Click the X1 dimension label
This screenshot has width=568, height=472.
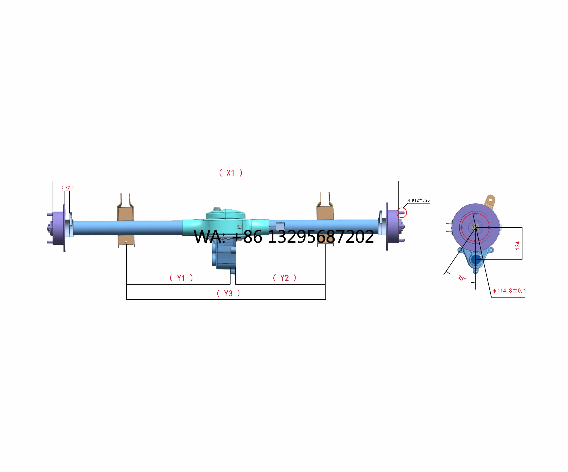pos(231,173)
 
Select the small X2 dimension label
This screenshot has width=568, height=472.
pos(67,187)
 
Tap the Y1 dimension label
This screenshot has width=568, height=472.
pos(181,278)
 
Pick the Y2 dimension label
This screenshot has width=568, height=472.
pos(285,278)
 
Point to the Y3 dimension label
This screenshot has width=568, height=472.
pos(228,294)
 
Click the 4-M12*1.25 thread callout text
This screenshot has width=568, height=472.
pos(419,200)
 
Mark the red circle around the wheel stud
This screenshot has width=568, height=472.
pos(401,213)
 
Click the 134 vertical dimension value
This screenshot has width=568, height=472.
pos(517,245)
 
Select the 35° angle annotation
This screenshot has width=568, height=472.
pos(461,278)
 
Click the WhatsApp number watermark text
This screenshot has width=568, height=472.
pos(284,237)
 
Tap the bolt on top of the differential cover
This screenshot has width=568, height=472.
pos(217,209)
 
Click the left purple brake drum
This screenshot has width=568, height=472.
pos(58,228)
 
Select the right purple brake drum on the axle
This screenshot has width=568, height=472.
pos(393,226)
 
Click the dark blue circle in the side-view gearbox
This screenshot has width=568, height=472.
pos(475,260)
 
